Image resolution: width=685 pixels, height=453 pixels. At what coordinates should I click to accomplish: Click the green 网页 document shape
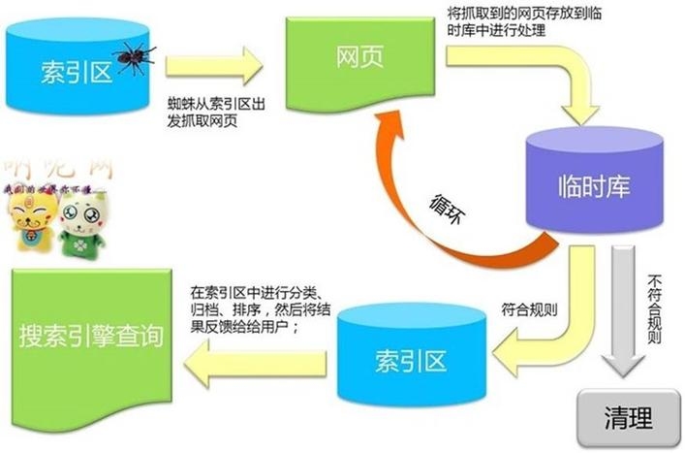click(x=358, y=58)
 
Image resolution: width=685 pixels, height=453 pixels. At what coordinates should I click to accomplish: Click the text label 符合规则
click(x=529, y=311)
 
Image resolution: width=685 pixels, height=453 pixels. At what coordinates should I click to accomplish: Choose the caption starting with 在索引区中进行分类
click(x=257, y=310)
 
